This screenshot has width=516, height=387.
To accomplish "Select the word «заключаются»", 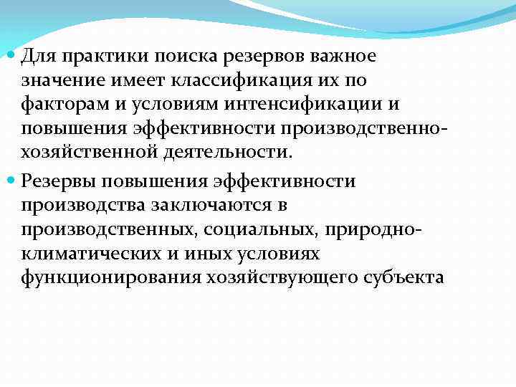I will [x=208, y=206].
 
